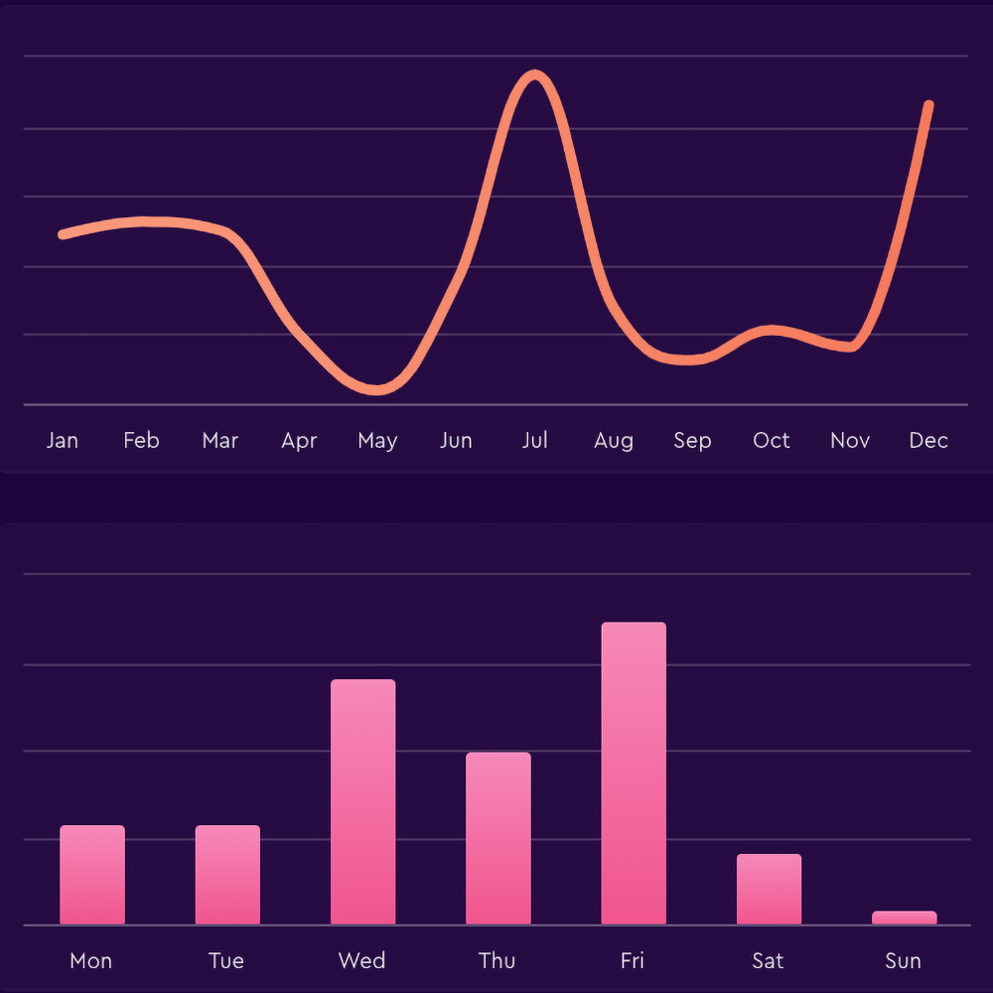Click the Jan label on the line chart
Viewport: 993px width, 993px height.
(62, 440)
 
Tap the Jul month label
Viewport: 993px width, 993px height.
(535, 440)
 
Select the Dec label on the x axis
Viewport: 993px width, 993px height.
(928, 440)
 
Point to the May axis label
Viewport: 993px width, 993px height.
(377, 440)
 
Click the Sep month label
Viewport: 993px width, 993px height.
(692, 440)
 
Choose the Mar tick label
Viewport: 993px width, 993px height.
(219, 440)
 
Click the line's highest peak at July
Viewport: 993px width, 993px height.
(535, 75)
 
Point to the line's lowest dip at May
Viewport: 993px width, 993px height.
(376, 389)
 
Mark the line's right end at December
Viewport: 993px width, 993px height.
(928, 104)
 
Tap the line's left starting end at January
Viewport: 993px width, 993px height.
(63, 234)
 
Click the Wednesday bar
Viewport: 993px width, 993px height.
(362, 801)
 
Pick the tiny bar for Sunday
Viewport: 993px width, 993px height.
(904, 918)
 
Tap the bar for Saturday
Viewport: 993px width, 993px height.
(769, 889)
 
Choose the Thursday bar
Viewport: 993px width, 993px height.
(498, 838)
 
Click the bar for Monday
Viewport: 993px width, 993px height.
(92, 875)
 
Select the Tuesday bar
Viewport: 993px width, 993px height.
(227, 875)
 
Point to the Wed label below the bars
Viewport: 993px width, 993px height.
(361, 960)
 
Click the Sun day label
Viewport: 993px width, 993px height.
(904, 960)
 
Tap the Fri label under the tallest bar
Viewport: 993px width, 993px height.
(633, 960)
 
